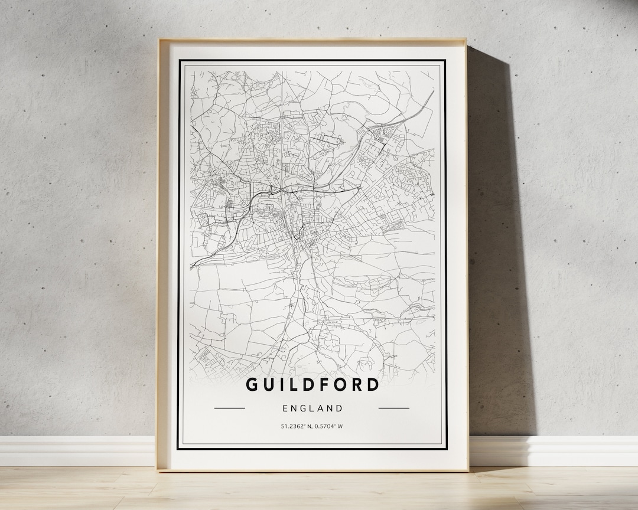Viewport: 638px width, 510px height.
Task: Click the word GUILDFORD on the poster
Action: (x=312, y=385)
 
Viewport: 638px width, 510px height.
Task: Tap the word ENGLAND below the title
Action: (x=313, y=408)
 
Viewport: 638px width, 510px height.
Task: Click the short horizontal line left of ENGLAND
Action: (x=229, y=408)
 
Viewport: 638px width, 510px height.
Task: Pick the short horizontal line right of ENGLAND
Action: (x=393, y=408)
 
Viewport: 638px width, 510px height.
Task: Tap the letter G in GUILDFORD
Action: (x=252, y=385)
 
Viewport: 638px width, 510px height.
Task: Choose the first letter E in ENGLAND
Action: (x=285, y=408)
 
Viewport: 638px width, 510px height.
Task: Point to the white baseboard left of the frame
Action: (x=77, y=451)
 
